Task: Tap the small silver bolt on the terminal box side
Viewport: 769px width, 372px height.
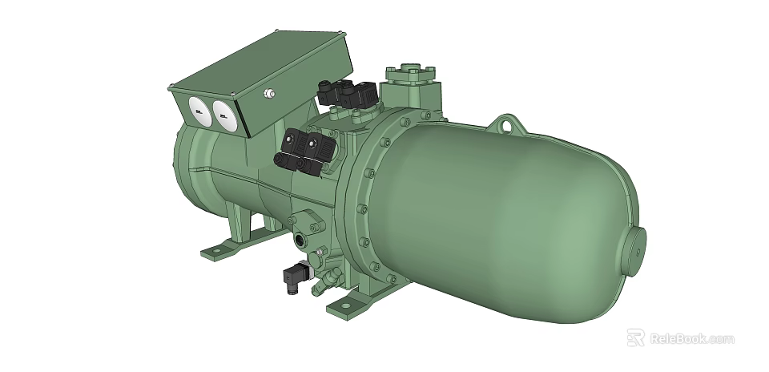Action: click(269, 95)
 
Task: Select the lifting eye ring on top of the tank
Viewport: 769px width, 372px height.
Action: click(509, 125)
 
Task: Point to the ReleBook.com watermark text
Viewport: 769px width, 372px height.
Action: click(691, 339)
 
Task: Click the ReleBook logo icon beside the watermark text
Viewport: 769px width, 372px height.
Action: click(635, 338)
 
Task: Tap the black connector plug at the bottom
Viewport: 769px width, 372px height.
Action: click(294, 277)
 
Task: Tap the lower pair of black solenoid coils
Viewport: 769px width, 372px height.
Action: click(303, 151)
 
